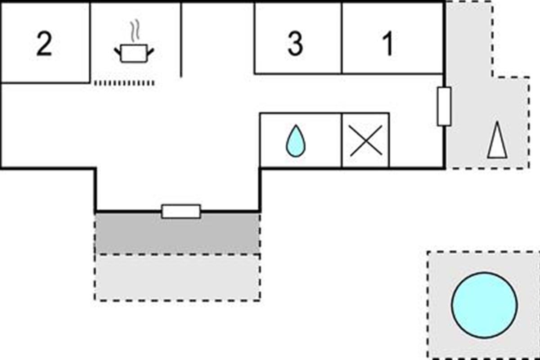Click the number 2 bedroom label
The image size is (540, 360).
click(44, 44)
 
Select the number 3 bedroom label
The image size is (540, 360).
click(295, 44)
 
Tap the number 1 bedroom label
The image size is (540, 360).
click(388, 44)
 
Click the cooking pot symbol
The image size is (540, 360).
click(134, 54)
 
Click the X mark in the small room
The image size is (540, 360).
click(366, 140)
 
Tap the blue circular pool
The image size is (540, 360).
click(484, 302)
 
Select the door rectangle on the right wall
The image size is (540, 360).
click(444, 107)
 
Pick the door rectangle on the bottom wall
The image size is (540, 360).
click(181, 211)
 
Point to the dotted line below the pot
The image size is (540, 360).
click(124, 83)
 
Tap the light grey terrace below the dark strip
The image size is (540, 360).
click(177, 277)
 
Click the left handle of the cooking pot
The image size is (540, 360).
click(117, 49)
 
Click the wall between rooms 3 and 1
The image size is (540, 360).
click(342, 38)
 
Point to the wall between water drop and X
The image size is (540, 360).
click(342, 140)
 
